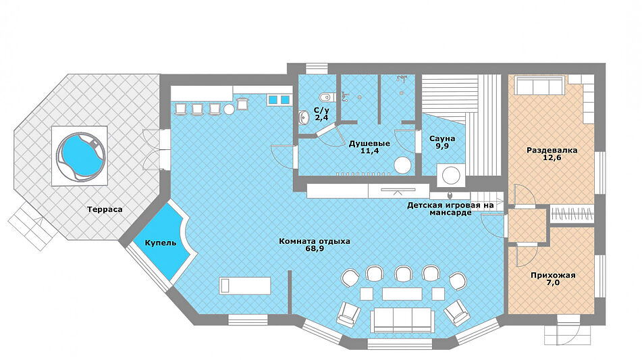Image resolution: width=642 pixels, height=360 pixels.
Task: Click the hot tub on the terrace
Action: [x=80, y=155]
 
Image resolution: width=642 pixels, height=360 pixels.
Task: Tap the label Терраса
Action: [x=105, y=209]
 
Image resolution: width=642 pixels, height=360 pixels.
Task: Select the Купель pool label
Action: [x=161, y=243]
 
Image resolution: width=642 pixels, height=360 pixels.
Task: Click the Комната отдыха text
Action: [x=315, y=241]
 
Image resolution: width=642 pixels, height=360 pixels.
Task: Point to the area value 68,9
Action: [x=315, y=249]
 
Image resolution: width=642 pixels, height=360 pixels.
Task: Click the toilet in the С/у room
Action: [x=326, y=97]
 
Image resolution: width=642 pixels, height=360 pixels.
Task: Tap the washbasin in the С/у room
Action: [x=304, y=117]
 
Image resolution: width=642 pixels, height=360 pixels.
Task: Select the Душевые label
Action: [x=369, y=144]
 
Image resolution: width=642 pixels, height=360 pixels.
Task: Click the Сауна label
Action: [x=442, y=138]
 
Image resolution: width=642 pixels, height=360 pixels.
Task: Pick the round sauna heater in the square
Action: [x=451, y=175]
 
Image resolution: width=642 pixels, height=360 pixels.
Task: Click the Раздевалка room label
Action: [x=552, y=150]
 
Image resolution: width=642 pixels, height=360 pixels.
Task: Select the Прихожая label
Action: [x=553, y=275]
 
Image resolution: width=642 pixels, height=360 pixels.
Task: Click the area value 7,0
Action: [x=553, y=282]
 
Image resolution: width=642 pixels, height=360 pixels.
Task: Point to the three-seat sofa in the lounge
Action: [x=402, y=320]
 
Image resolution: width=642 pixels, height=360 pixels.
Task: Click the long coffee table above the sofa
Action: [x=402, y=294]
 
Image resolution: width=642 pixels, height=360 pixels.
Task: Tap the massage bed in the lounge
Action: [x=245, y=286]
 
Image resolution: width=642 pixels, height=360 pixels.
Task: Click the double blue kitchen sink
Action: [x=279, y=99]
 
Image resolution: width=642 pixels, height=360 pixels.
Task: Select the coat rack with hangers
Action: [x=572, y=214]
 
